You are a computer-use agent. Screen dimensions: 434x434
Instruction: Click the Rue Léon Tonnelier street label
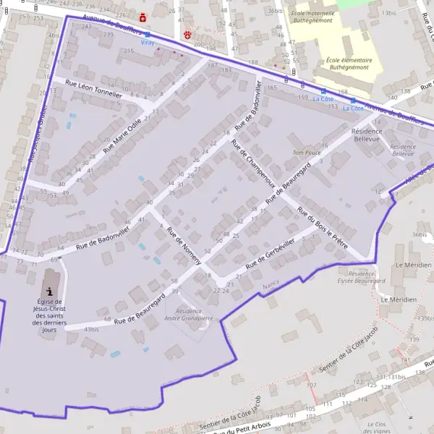[x=93, y=89]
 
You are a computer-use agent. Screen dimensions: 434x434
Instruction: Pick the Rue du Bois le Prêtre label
[x=323, y=226]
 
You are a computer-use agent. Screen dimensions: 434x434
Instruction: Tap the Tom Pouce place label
[x=307, y=153]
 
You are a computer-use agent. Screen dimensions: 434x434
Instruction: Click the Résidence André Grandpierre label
[x=189, y=314]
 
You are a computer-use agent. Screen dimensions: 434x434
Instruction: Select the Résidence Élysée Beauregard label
[x=362, y=278]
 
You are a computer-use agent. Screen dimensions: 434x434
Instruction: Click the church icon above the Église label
[x=49, y=289]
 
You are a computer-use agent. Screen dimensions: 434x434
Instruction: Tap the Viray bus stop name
[x=148, y=43]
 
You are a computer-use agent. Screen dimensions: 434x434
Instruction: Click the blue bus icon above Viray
[x=148, y=34]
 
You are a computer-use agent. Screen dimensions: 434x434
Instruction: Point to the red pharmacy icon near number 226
[x=142, y=17]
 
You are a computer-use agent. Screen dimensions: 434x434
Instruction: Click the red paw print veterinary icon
[x=188, y=33]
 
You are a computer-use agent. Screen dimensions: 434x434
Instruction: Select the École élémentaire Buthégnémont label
[x=349, y=64]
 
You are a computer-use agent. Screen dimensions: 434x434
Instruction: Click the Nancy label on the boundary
[x=271, y=286]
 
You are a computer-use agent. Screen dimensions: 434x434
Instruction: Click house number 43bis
[x=91, y=329]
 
